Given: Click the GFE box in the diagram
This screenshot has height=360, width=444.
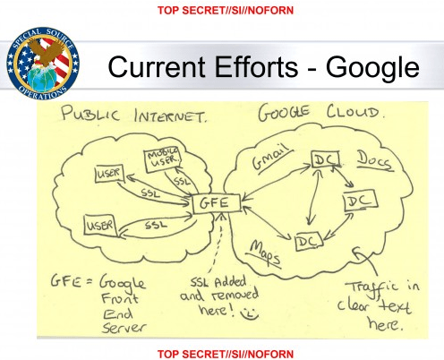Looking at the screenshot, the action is pos(217,203).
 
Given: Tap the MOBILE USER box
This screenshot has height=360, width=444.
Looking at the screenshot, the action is pos(163,159).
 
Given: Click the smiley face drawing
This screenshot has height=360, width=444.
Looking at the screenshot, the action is pos(250,313).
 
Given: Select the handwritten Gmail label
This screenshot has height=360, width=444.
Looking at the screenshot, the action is pos(271,159).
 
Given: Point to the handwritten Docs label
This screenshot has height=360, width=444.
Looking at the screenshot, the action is pos(374,161).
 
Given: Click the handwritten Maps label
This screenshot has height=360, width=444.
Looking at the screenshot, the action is pos(264,253).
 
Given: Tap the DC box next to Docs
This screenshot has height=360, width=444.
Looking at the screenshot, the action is pos(326,159).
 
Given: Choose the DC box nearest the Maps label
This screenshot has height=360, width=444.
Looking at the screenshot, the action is pos(309,242).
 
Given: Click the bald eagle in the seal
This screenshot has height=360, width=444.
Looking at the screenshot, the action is pos(48,51).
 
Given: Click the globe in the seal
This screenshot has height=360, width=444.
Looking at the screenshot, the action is pos(41,78).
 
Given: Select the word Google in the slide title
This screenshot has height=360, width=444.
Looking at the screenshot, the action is pos(372,67).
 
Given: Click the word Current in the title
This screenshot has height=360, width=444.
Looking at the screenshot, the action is pos(157,67).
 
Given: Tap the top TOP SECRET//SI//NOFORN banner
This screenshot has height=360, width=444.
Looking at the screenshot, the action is pos(226,11).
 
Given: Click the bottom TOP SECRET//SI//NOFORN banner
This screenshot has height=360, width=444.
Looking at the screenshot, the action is pos(226,354).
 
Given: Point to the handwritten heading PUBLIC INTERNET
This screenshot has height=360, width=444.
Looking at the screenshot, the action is pos(133,114).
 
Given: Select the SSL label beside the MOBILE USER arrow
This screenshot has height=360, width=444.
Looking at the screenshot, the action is pos(182,182).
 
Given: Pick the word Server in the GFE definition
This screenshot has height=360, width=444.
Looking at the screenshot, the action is pos(124,328).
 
